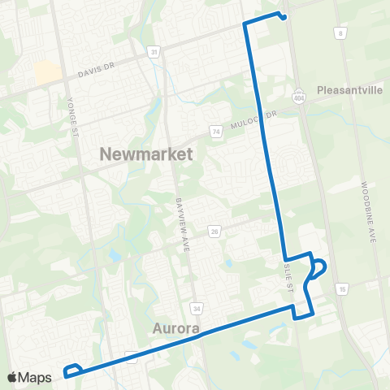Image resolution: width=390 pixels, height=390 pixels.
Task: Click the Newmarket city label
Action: [146, 154]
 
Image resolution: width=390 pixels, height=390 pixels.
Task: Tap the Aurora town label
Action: [175, 329]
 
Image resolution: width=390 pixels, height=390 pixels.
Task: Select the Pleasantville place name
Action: [349, 90]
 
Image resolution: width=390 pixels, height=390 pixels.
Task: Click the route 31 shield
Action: [154, 52]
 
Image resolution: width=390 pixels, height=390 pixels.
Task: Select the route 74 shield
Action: [215, 130]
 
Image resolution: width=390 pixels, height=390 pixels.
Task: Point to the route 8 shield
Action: [341, 32]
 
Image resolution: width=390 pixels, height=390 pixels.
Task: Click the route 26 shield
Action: [214, 232]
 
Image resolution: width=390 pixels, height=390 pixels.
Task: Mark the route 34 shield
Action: [196, 308]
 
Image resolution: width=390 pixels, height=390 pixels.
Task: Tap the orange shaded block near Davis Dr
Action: [46, 72]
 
